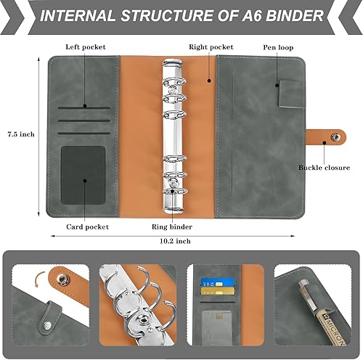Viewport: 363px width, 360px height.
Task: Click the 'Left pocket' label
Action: pyautogui.click(x=86, y=46)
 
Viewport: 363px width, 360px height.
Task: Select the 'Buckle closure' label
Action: pyautogui.click(x=324, y=168)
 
